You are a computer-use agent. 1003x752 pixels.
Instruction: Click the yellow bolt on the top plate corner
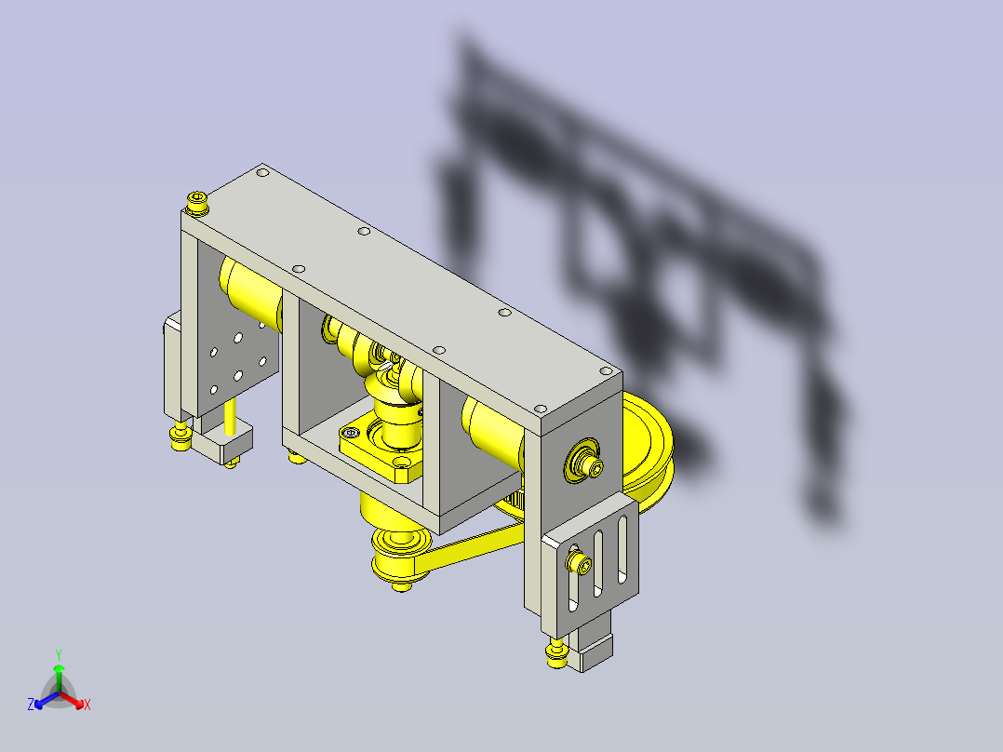click(197, 203)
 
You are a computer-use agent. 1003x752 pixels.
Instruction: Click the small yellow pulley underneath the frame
click(400, 553)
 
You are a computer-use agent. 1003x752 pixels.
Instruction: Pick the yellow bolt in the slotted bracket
click(579, 562)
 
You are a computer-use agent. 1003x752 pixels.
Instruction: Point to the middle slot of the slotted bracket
click(599, 563)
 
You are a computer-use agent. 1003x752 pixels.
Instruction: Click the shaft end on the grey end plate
click(583, 460)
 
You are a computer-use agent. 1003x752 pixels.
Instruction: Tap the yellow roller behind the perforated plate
click(250, 292)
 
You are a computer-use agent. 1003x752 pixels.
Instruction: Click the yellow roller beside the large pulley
click(492, 430)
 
